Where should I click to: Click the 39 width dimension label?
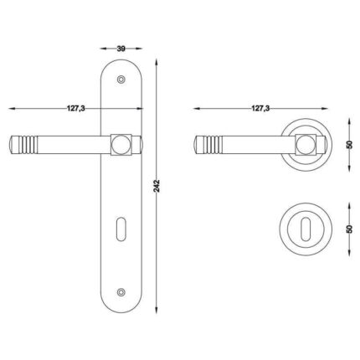[x=121, y=49]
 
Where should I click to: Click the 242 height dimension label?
[x=157, y=186]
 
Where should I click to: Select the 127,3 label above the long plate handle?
[x=75, y=108]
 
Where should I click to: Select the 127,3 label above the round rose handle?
[x=260, y=108]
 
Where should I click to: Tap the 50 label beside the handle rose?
[x=349, y=145]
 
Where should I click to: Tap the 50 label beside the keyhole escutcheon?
[x=349, y=229]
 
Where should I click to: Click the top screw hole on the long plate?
[x=121, y=80]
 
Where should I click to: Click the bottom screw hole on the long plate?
[x=121, y=291]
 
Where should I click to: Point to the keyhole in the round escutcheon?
[x=306, y=229]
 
